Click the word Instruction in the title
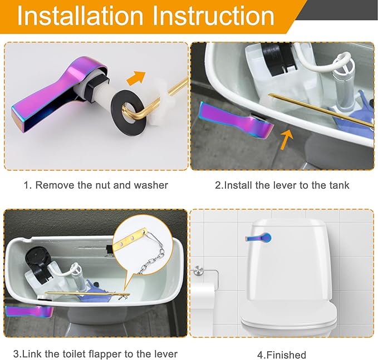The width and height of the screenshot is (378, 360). (x=213, y=16)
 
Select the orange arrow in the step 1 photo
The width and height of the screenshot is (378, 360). (x=136, y=78)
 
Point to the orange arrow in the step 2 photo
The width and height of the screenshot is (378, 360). (x=287, y=140)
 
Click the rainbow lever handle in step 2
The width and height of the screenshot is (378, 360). (x=236, y=120)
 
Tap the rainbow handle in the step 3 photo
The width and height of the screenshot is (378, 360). (x=29, y=312)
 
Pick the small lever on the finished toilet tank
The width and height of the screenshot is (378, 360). (x=258, y=238)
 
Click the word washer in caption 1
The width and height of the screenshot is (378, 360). (x=151, y=185)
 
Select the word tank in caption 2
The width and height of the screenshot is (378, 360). (x=339, y=185)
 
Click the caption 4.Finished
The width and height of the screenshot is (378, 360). (x=281, y=355)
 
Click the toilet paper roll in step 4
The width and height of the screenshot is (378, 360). (x=203, y=296)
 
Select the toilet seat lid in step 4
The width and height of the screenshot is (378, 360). (x=289, y=316)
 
